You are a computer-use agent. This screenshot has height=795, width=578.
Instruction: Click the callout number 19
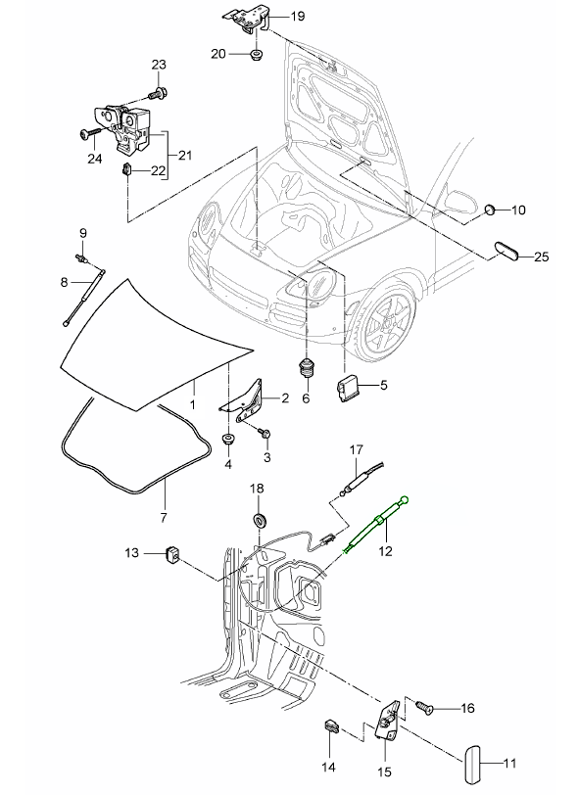pyautogui.click(x=298, y=17)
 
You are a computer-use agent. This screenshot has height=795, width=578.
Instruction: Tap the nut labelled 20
pyautogui.click(x=257, y=54)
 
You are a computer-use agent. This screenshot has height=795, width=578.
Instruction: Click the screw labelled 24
pyautogui.click(x=90, y=134)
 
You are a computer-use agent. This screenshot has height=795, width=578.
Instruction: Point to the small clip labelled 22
pyautogui.click(x=126, y=169)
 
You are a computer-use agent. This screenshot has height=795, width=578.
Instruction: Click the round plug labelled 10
pyautogui.click(x=490, y=209)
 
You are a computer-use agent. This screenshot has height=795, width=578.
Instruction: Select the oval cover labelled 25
pyautogui.click(x=506, y=252)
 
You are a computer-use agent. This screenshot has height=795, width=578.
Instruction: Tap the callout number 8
pyautogui.click(x=64, y=281)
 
